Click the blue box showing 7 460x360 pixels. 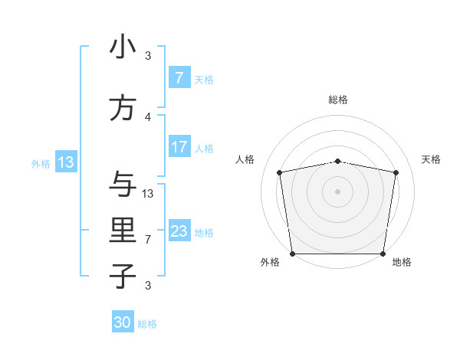click(179, 77)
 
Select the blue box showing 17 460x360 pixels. click(179, 147)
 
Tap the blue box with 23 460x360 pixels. click(179, 231)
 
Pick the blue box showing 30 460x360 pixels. click(123, 322)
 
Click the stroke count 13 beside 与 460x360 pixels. click(148, 193)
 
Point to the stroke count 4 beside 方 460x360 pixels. click(148, 116)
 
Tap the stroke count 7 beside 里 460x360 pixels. click(148, 239)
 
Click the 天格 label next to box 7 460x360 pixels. click(204, 79)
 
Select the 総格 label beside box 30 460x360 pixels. click(147, 324)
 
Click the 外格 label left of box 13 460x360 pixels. click(41, 163)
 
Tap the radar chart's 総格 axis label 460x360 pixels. click(338, 100)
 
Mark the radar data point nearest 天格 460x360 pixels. click(396, 172)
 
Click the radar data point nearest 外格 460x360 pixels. click(292, 254)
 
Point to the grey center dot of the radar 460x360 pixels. click(337, 191)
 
